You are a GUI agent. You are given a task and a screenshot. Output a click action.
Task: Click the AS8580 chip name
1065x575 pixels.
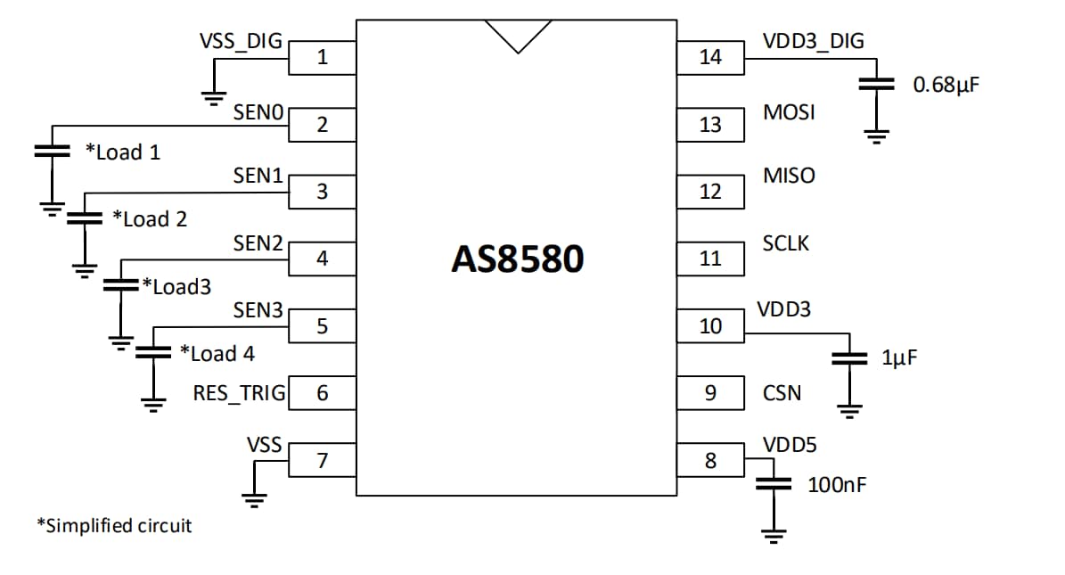point(517,259)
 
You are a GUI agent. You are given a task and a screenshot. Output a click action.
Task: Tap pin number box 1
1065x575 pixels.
point(322,59)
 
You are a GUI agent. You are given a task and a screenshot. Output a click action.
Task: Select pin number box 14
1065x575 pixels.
point(710,58)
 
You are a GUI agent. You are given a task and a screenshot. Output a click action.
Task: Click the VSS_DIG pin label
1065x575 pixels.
point(240,41)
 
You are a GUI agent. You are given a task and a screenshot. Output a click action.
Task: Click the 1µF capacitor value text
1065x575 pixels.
point(899,358)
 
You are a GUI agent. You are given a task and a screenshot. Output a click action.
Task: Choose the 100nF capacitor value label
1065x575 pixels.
point(837,485)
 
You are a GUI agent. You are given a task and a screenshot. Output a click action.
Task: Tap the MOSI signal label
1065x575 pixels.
point(789,113)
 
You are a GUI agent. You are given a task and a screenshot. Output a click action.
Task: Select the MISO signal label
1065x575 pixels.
point(789,176)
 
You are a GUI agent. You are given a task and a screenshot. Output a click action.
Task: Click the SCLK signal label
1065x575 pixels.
point(786,243)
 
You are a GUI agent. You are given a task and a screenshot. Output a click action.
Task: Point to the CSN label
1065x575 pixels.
point(782,393)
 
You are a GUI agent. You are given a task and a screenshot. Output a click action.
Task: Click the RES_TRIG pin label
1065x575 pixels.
point(239,393)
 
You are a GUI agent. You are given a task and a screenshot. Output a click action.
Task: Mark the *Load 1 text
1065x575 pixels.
point(123,152)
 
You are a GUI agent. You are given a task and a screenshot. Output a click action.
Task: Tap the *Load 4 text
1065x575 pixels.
point(217,354)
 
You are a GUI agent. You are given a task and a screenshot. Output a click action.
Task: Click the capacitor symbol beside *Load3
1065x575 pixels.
point(119,285)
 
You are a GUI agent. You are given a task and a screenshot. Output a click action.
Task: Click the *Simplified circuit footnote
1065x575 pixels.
point(113,525)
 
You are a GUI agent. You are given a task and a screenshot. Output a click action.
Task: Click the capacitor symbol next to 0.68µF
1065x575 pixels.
point(877,85)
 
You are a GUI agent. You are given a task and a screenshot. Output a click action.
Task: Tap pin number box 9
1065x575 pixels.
point(710,393)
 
